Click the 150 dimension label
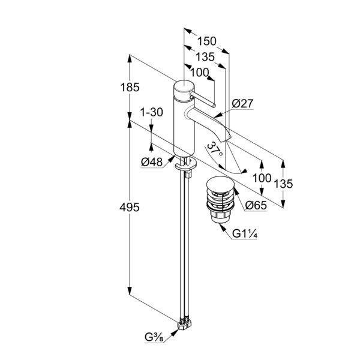(206, 42)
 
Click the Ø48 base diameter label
(152, 162)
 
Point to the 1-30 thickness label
(151, 113)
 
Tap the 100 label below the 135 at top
(200, 73)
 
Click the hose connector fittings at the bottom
(185, 326)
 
